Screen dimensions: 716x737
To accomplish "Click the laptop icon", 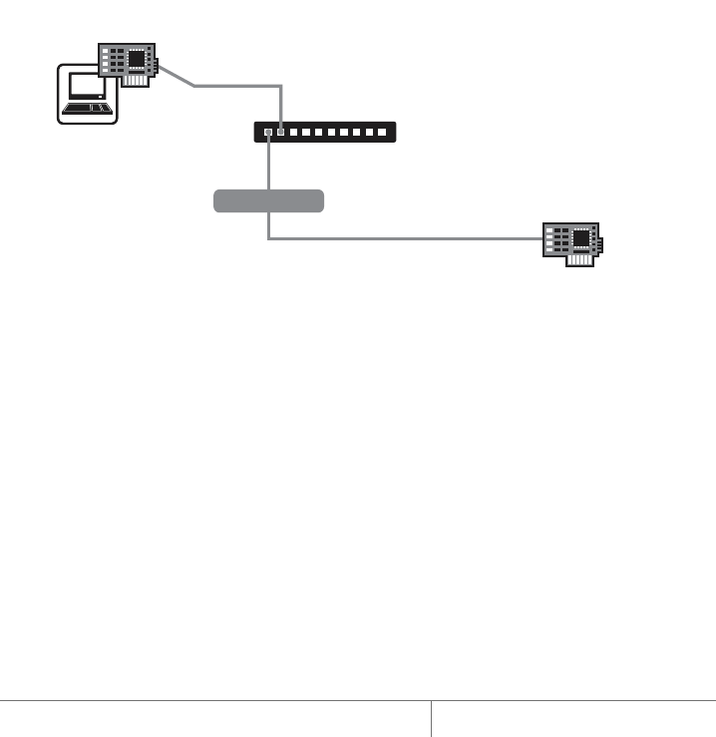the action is coord(87,94).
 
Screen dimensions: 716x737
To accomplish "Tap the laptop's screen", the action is coord(87,89).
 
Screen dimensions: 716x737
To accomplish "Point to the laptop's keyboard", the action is coord(87,108).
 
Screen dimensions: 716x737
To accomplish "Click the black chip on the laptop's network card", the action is coord(136,60).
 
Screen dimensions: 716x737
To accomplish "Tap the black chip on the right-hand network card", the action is coord(581,236).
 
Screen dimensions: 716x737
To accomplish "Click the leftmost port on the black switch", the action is coord(267,132).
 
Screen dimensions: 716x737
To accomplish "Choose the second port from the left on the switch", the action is coord(281,132).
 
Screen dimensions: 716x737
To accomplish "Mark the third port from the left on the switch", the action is coord(295,132).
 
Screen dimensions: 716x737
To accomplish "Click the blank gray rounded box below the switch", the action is coord(268,200).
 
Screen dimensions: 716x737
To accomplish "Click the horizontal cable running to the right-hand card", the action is coord(399,238).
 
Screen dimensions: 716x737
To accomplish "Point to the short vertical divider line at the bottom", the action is coord(431,718).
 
